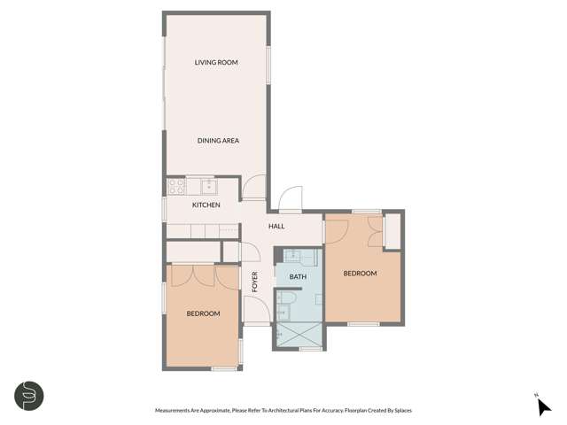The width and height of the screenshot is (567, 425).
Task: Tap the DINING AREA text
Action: [x=218, y=141]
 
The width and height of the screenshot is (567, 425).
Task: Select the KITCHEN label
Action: [x=206, y=205]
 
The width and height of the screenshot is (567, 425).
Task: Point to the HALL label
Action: [x=276, y=227]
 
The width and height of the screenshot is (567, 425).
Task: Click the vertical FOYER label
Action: [x=255, y=282]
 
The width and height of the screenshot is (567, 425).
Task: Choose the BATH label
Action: [x=298, y=277]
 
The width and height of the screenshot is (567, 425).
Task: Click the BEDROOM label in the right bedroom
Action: [x=361, y=273]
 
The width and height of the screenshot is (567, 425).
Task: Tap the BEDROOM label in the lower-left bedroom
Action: [x=203, y=313]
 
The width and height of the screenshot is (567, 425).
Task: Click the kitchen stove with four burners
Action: [x=175, y=186]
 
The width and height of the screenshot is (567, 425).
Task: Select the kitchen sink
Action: [x=207, y=186]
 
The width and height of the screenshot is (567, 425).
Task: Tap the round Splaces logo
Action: [x=28, y=396]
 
